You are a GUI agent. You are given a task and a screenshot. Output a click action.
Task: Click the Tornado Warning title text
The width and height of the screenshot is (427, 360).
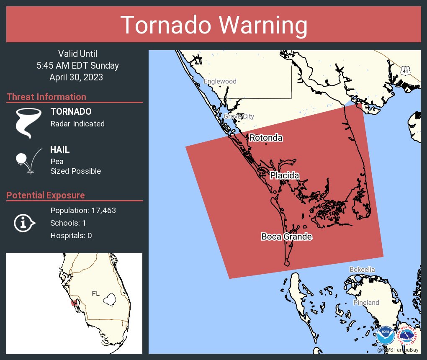tap(214, 25)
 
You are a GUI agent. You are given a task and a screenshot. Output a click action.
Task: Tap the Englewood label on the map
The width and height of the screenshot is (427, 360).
tap(220, 81)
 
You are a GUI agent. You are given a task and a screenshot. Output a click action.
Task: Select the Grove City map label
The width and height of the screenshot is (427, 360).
tap(239, 116)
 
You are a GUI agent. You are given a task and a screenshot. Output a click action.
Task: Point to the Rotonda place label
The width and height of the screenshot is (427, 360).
tap(266, 138)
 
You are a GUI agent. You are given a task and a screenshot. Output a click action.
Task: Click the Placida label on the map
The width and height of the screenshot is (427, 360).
tap(284, 175)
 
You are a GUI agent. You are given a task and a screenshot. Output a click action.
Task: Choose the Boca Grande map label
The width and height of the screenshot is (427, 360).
tap(287, 237)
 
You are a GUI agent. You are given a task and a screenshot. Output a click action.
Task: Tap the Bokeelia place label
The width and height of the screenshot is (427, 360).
tap(362, 270)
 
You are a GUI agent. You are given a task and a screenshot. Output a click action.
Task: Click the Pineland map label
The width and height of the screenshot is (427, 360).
tap(366, 302)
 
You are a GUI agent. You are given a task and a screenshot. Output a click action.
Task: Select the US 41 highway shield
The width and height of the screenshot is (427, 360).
tap(405, 70)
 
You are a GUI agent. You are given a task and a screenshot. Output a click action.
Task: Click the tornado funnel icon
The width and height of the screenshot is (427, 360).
tap(28, 123)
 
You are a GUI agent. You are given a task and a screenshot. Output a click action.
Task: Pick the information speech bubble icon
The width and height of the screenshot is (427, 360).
tap(24, 223)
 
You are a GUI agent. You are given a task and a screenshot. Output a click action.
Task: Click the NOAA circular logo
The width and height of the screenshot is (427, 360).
tap(385, 335)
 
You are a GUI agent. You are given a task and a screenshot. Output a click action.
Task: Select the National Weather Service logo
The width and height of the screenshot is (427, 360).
tap(408, 335)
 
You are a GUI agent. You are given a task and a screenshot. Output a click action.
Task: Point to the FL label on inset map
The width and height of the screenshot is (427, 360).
tap(95, 293)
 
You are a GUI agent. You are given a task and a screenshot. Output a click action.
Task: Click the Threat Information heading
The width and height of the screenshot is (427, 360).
tap(46, 97)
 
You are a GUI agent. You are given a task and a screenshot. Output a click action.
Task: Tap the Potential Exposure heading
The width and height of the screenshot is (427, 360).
tap(46, 195)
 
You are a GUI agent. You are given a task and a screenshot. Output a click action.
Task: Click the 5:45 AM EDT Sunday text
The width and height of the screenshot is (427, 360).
tap(77, 65)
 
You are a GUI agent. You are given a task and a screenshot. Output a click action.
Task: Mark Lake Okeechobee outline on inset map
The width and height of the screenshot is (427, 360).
tap(110, 299)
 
